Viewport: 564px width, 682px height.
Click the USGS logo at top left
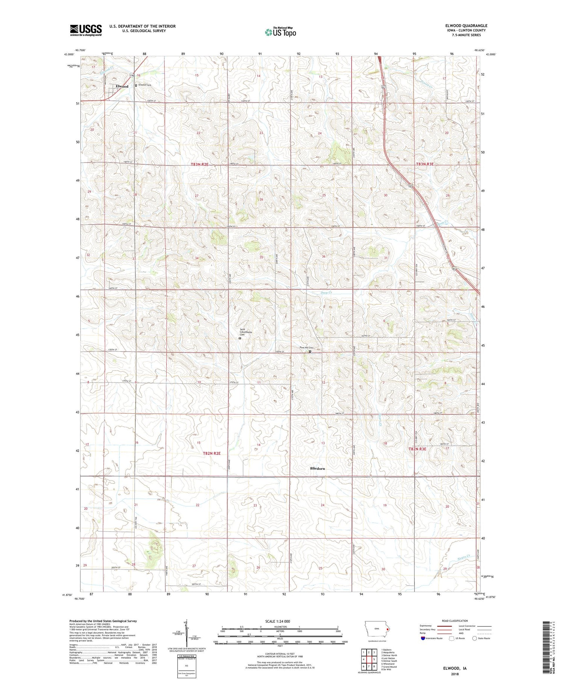(86, 30)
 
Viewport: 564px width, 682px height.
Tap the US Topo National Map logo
(280, 32)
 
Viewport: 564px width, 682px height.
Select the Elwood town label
(122, 87)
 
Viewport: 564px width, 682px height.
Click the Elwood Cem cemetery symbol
(136, 85)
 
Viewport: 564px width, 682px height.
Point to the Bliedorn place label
(317, 469)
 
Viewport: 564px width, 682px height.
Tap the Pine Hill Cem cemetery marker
(310, 351)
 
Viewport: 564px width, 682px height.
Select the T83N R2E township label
(199, 164)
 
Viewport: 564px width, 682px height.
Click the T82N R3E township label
(417, 449)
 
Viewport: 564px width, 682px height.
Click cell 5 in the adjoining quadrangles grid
(374, 659)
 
